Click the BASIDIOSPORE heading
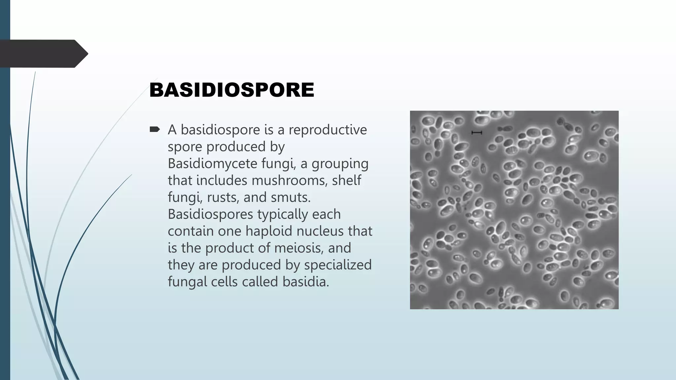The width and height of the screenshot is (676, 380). [x=232, y=90]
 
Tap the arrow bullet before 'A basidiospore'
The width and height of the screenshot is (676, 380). [x=154, y=129]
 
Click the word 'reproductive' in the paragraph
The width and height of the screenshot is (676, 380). [x=327, y=130]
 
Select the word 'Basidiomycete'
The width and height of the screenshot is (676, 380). [x=212, y=164]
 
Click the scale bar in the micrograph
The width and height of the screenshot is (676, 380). [x=477, y=133]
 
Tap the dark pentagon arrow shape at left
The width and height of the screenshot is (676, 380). [x=43, y=54]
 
